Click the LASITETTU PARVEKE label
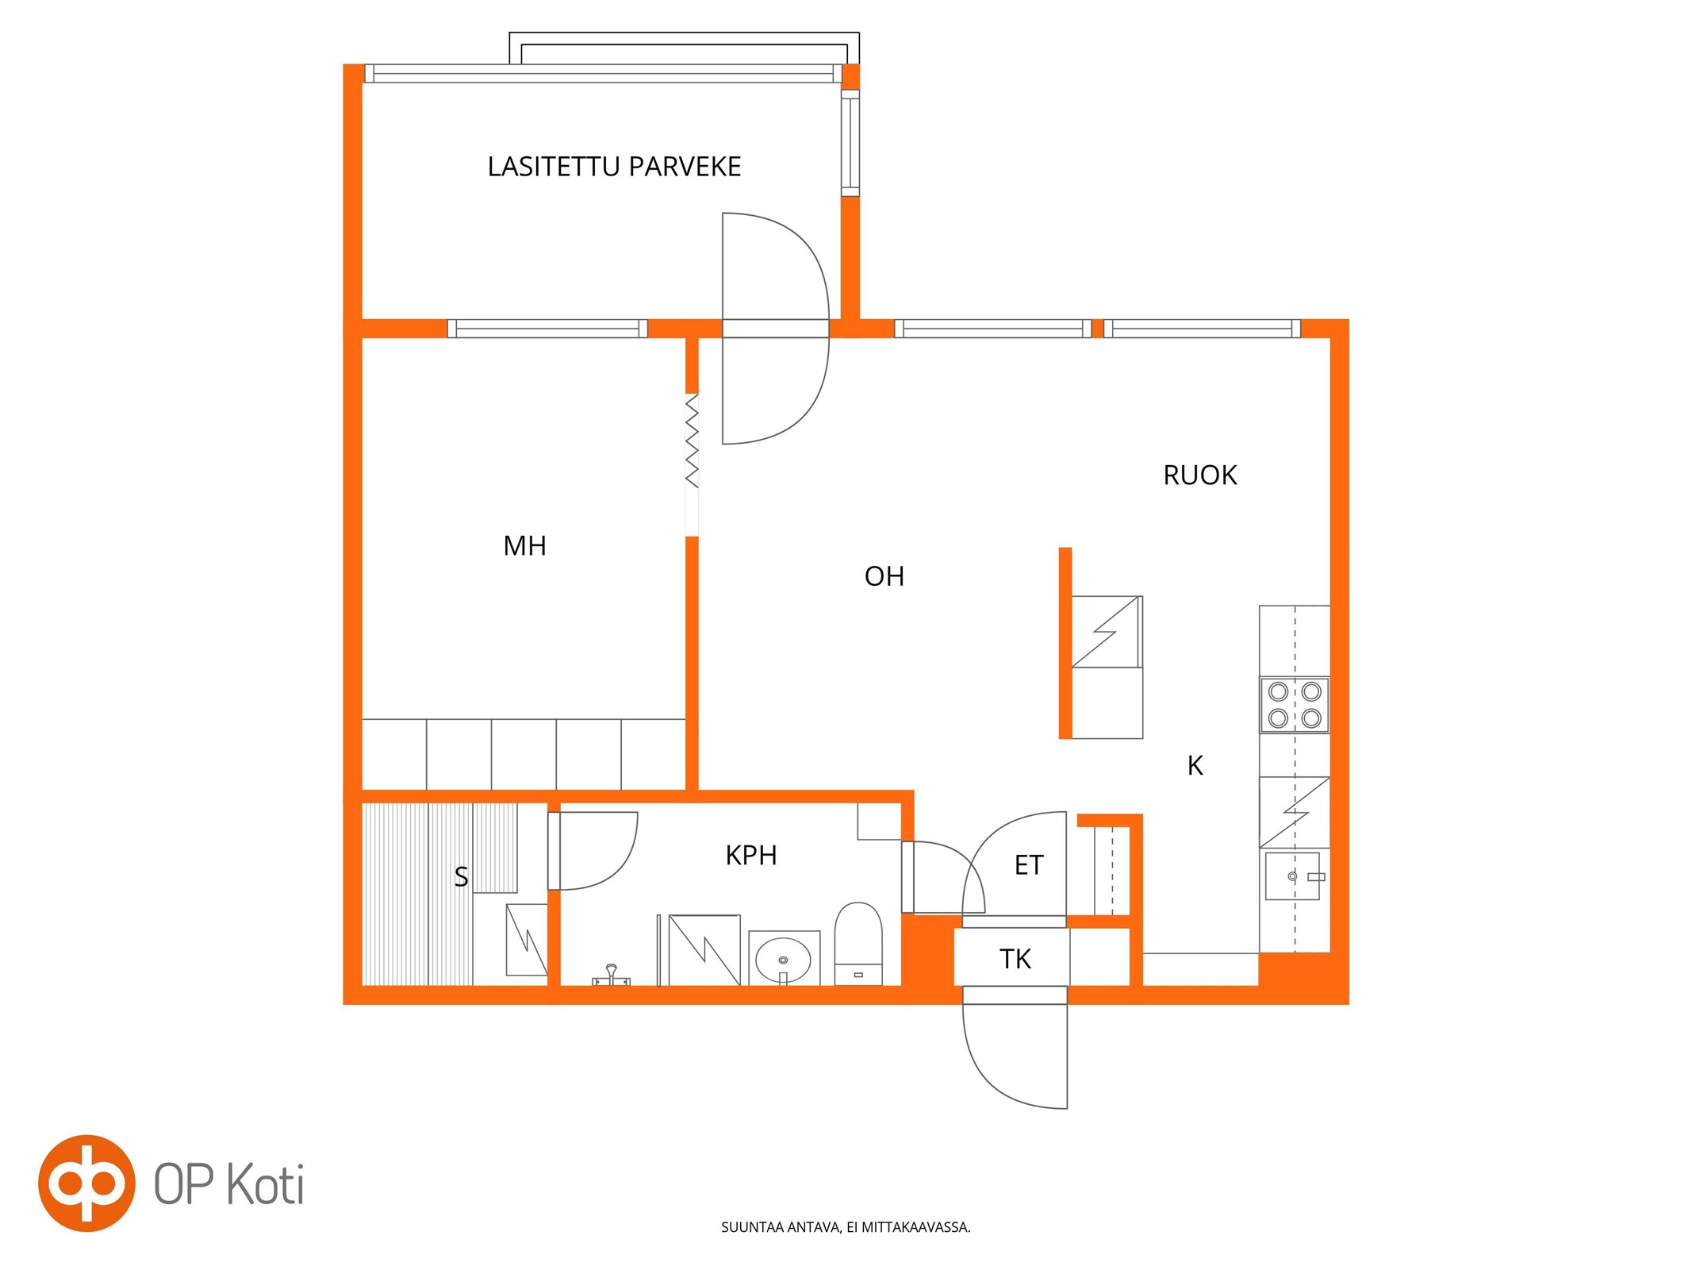coord(614,167)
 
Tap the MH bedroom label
coord(524,546)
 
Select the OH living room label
coord(884,576)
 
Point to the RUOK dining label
coord(1199,475)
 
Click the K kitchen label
coord(1195,766)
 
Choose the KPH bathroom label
coord(750,856)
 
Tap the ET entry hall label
coord(1029,865)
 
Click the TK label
coord(1015,960)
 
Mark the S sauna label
coord(461,877)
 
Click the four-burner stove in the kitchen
coord(1294,705)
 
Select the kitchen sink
coord(1291,876)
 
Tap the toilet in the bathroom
coord(858,944)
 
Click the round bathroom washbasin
coord(783,959)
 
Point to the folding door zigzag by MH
coord(692,441)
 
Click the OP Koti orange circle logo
coord(86,1183)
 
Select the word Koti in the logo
coord(266,1184)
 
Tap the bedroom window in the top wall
coord(547,329)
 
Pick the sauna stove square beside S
coord(527,941)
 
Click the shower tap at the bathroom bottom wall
coord(612,975)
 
